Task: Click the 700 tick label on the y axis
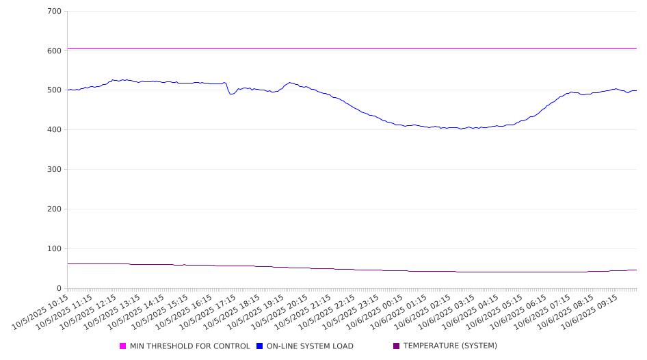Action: (55, 12)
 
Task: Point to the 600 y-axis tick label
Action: (55, 51)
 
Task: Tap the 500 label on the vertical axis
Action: (55, 90)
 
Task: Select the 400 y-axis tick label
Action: (55, 130)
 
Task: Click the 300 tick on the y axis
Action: (55, 170)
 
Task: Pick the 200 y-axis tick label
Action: (55, 209)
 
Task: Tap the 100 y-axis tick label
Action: (55, 249)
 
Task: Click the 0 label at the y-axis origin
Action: (60, 289)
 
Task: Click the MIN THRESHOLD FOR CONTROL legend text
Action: (189, 346)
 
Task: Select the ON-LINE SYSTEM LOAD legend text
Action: (310, 346)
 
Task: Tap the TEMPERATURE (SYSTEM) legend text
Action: (450, 346)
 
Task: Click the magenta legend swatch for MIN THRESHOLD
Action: (123, 346)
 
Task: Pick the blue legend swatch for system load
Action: (260, 346)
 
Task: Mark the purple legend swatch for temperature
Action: (397, 346)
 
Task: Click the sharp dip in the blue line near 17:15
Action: (231, 94)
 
